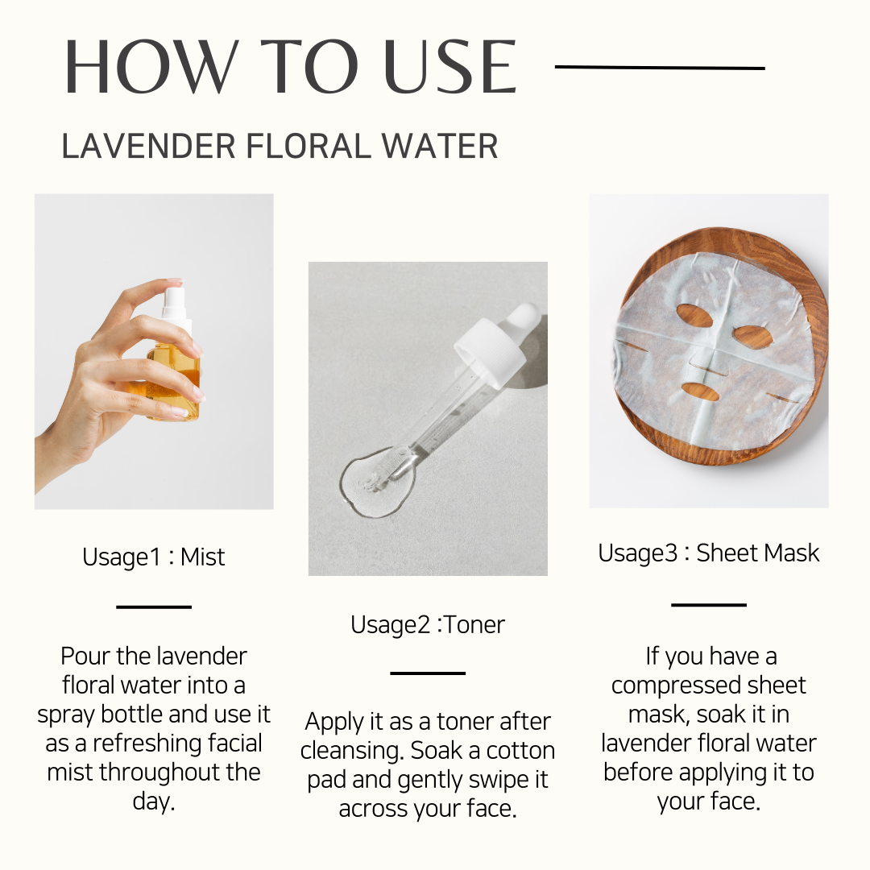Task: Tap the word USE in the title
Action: coord(450,67)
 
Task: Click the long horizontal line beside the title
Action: coord(660,68)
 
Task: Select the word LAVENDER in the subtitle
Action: coord(149,147)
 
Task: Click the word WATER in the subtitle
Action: coord(440,147)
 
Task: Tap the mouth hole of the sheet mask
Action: coord(700,392)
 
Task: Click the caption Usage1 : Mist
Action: coord(154,557)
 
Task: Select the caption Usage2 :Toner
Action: coord(428,625)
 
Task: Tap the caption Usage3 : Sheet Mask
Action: coord(709,553)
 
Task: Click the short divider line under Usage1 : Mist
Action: coord(154,607)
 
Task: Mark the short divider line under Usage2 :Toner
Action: coord(428,673)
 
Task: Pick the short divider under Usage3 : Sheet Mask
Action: coord(709,604)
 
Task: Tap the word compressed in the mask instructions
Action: coord(675,686)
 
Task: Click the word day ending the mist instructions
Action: coord(154,802)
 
